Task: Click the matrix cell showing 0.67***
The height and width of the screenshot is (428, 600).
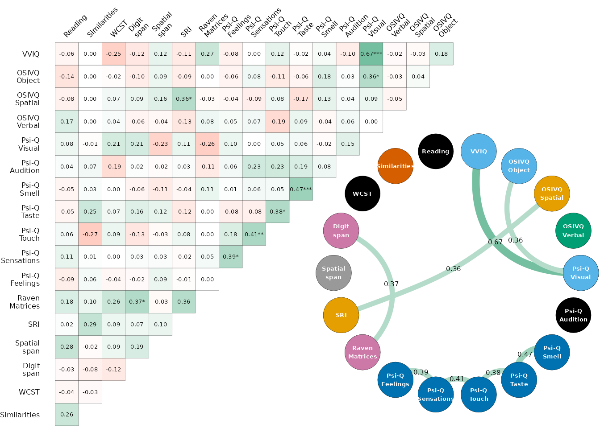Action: point(371,54)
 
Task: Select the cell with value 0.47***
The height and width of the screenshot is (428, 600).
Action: point(301,189)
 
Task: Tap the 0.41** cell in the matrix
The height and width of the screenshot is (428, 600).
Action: point(254,234)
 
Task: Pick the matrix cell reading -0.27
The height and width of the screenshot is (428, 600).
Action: point(90,234)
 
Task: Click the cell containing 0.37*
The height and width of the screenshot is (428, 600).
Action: point(137,302)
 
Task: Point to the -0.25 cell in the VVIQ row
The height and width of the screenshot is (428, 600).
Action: point(113,54)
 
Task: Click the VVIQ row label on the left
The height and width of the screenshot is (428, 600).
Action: point(31,54)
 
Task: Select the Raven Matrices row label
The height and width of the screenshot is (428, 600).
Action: point(25,302)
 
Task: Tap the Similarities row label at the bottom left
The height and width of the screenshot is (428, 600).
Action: point(20,415)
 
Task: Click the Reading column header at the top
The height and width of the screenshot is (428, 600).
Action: point(75,27)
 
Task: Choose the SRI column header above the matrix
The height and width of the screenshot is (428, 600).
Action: point(186,31)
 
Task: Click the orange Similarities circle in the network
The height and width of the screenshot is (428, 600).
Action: point(395,166)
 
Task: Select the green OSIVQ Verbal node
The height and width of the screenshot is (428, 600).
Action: point(573,230)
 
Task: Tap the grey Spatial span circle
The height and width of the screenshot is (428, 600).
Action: point(333,273)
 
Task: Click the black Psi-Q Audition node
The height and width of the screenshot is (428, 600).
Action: point(573,315)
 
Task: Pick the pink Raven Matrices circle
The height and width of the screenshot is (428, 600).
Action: point(362,352)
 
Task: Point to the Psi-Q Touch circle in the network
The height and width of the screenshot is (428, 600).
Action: point(479,395)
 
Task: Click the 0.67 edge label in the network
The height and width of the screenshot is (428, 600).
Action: point(495,242)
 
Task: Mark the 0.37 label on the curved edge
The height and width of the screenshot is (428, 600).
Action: point(391,284)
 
